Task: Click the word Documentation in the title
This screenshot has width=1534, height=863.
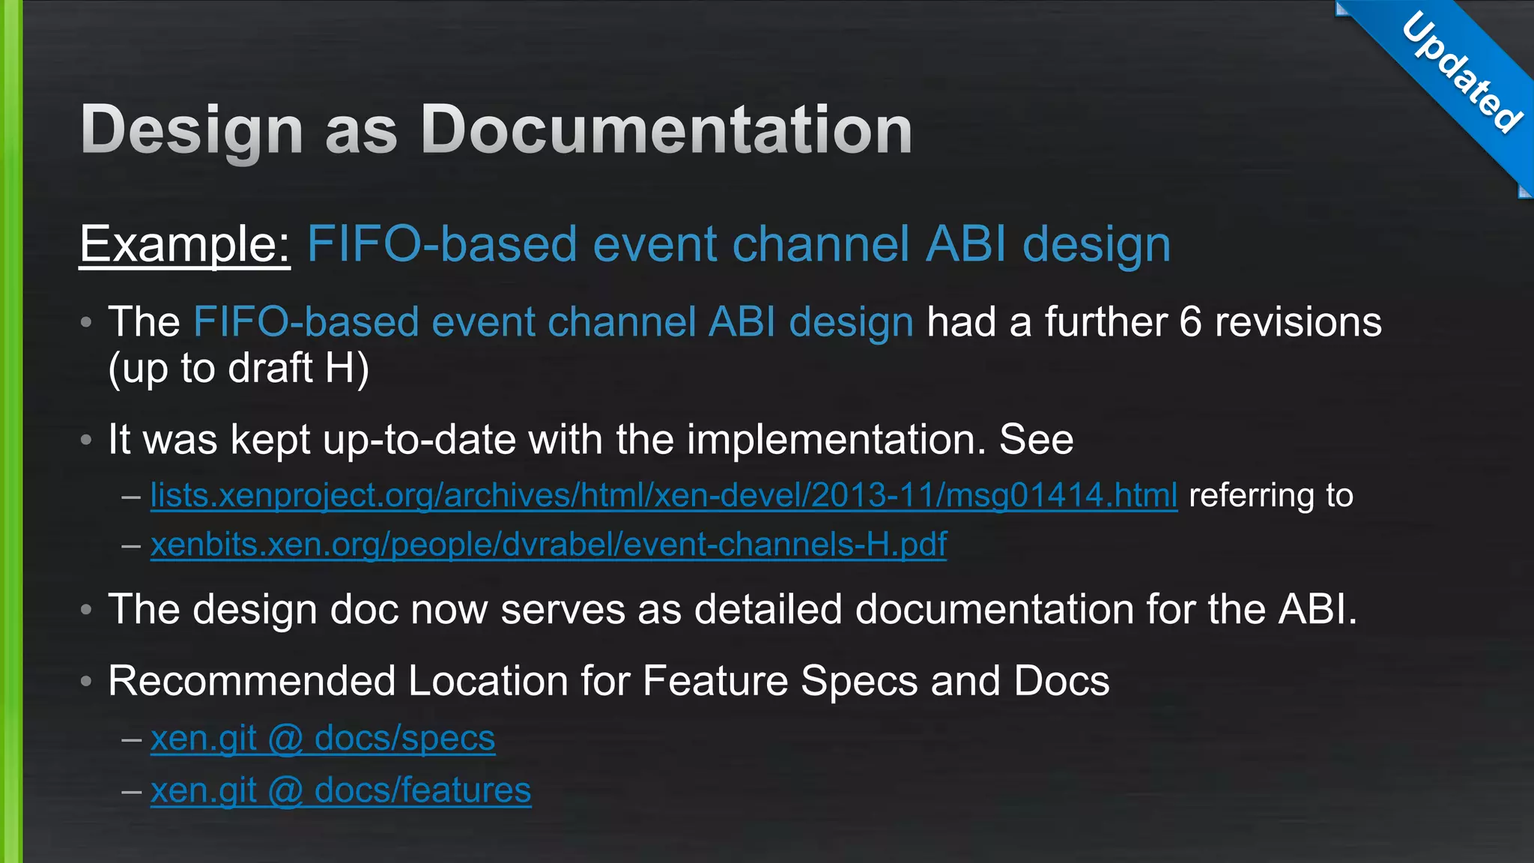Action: (667, 130)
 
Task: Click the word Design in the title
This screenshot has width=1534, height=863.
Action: (192, 130)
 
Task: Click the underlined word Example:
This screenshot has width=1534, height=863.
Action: (185, 244)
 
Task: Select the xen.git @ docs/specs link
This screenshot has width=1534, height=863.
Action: (323, 739)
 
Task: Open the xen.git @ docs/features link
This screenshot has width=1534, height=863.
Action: (341, 790)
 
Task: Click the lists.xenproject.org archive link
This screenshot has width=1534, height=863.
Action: (664, 496)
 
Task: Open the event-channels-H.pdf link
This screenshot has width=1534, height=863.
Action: (548, 545)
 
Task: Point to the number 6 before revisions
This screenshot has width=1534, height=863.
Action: (1190, 323)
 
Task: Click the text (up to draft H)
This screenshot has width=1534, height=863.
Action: (239, 369)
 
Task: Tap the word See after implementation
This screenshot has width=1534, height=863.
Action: (1036, 440)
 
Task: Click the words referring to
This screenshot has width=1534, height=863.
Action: (1271, 496)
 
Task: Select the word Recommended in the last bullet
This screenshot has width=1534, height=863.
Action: (252, 682)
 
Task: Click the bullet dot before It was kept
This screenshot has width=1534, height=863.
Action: (86, 440)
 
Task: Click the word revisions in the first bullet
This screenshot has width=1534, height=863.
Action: (1297, 323)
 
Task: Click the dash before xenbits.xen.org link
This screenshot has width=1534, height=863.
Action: (131, 545)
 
